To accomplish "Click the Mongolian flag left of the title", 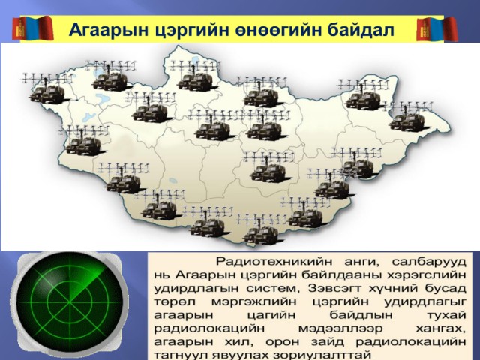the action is point(32,28).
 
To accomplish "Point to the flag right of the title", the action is point(437,29).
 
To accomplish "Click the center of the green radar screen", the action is point(70,302).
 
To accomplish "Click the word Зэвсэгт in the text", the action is point(335,288).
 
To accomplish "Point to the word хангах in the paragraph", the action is point(441,328).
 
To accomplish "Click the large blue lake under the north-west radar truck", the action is point(101,98).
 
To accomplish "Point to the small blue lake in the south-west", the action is point(173,180).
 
